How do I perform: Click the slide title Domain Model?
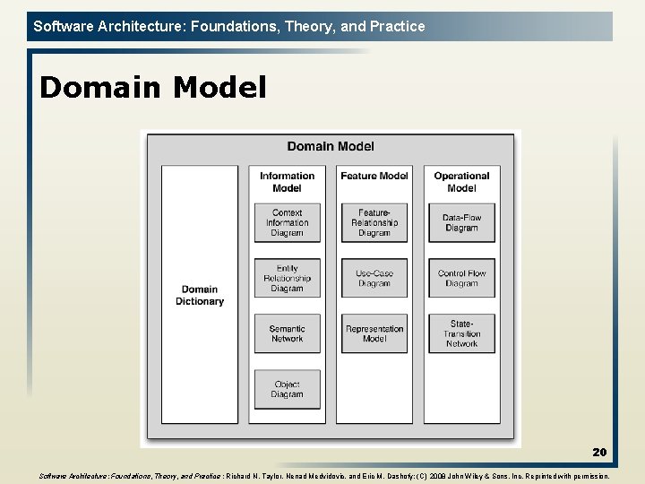(x=153, y=88)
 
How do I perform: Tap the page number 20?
(x=599, y=453)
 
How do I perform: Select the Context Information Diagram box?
(x=287, y=223)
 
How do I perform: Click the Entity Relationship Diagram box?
(x=287, y=278)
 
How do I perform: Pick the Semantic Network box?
(x=287, y=333)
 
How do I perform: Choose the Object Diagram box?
(x=287, y=389)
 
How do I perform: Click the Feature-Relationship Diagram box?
(x=374, y=223)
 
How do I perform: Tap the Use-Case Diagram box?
(x=374, y=278)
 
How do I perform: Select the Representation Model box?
(x=374, y=333)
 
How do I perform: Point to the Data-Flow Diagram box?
(x=461, y=223)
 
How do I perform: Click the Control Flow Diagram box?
(x=461, y=278)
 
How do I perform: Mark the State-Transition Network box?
(x=461, y=333)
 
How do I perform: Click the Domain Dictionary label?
(x=200, y=296)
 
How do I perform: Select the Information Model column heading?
(x=287, y=182)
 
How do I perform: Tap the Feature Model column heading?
(x=374, y=177)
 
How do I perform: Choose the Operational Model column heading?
(x=461, y=182)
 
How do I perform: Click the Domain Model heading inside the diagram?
(x=331, y=146)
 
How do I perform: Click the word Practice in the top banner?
(x=398, y=26)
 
